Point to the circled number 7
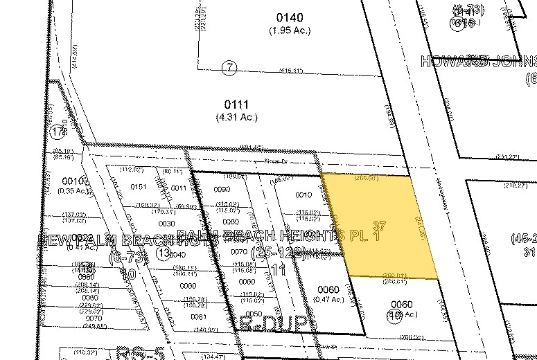(x=229, y=67)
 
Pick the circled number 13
(x=164, y=253)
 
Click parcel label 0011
(x=179, y=188)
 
